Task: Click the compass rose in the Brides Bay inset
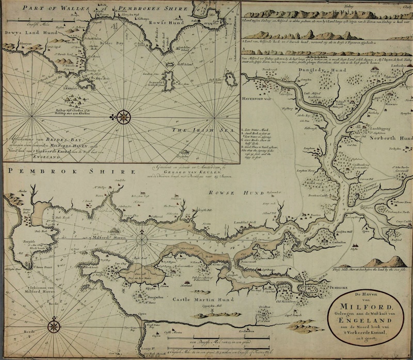123,117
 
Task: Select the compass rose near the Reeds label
54,326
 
